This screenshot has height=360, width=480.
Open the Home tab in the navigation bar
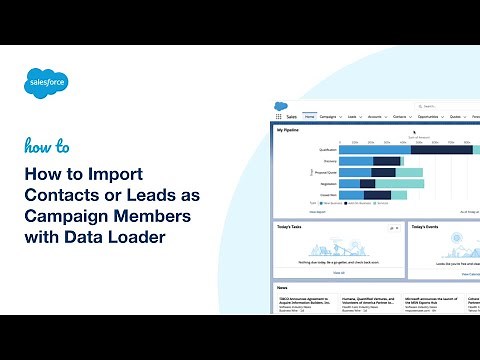(310, 116)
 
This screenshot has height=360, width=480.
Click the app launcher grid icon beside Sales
(278, 116)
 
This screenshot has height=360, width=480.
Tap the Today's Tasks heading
(295, 227)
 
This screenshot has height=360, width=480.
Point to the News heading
(285, 287)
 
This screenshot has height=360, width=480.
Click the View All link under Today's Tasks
(339, 272)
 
